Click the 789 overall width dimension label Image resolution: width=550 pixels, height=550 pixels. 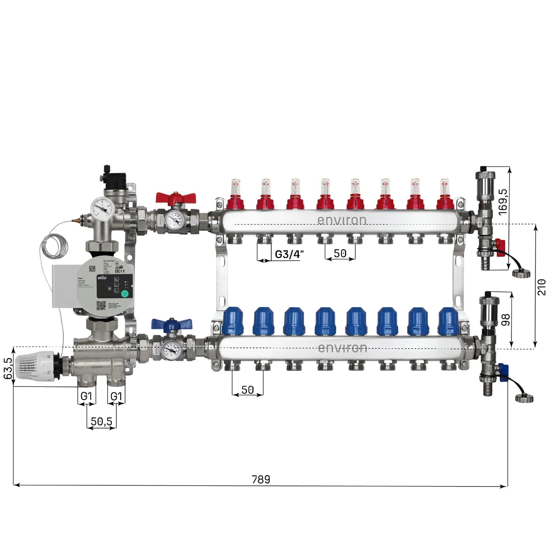[261, 479]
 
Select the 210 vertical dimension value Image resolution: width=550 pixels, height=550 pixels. [542, 286]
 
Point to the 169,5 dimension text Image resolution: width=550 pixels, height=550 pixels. [503, 201]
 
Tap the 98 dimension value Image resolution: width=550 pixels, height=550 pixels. [506, 319]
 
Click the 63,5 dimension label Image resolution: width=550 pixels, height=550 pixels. [7, 367]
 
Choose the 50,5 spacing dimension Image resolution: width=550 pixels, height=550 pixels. [101, 421]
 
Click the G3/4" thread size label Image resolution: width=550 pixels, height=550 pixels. [289, 254]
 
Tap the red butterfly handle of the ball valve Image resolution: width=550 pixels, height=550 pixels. [176, 198]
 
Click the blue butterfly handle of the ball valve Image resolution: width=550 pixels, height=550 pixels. [171, 324]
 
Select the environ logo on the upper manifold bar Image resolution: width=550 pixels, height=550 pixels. [342, 220]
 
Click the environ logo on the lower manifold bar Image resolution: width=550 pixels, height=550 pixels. [342, 348]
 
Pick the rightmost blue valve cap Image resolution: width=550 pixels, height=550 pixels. [448, 321]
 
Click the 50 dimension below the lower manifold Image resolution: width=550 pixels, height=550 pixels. [247, 390]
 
